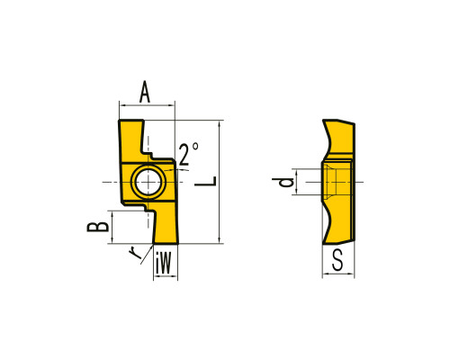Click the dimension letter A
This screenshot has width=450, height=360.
[x=145, y=92]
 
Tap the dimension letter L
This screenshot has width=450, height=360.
[x=205, y=181]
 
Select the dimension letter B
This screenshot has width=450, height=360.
[x=98, y=227]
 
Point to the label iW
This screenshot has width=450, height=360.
[x=164, y=263]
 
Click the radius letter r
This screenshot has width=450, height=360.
[x=135, y=253]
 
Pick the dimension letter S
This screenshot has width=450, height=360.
[x=337, y=260]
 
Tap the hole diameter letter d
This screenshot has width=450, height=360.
[x=283, y=182]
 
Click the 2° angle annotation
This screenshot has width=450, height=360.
[x=188, y=154]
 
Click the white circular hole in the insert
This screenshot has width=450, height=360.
[x=148, y=182]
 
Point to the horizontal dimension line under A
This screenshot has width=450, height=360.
[x=147, y=105]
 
